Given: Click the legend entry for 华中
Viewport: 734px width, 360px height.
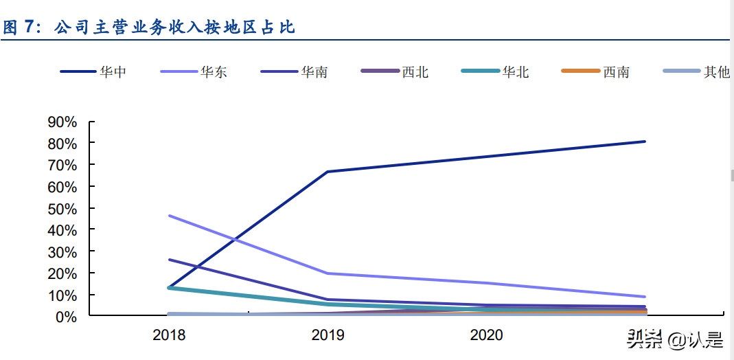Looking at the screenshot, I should point(93,71).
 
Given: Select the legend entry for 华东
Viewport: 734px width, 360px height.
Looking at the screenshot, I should point(194,71).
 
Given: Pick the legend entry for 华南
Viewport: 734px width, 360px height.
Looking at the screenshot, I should point(294,71).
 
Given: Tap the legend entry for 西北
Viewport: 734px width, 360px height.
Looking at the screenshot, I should point(395,71).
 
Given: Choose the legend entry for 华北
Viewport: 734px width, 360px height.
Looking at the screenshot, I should point(495,71).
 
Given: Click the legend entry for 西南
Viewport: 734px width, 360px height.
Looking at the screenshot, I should point(595,71).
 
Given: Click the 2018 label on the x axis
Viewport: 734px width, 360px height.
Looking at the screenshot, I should point(169,335).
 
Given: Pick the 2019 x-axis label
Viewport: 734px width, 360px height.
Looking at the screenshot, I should point(328,335).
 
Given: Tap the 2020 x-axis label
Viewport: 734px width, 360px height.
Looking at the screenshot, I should point(486,335).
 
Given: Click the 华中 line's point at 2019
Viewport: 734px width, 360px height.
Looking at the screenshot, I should point(328,172).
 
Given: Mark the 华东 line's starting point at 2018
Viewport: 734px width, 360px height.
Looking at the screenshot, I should point(169,216).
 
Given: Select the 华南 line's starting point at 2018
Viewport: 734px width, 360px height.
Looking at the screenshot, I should point(169,260).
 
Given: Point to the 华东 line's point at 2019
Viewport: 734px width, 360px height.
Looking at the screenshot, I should point(328,273).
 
